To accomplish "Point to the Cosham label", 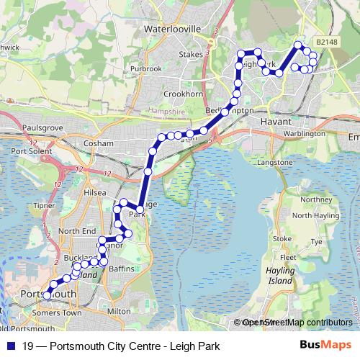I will tap(99, 143).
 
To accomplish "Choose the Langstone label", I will tap(274, 163).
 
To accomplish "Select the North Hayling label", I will tap(312, 216).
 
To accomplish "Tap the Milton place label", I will tap(119, 311).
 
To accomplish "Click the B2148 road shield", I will tap(327, 42).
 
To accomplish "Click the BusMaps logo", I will tap(330, 344).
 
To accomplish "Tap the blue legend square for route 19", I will tap(9, 344).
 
